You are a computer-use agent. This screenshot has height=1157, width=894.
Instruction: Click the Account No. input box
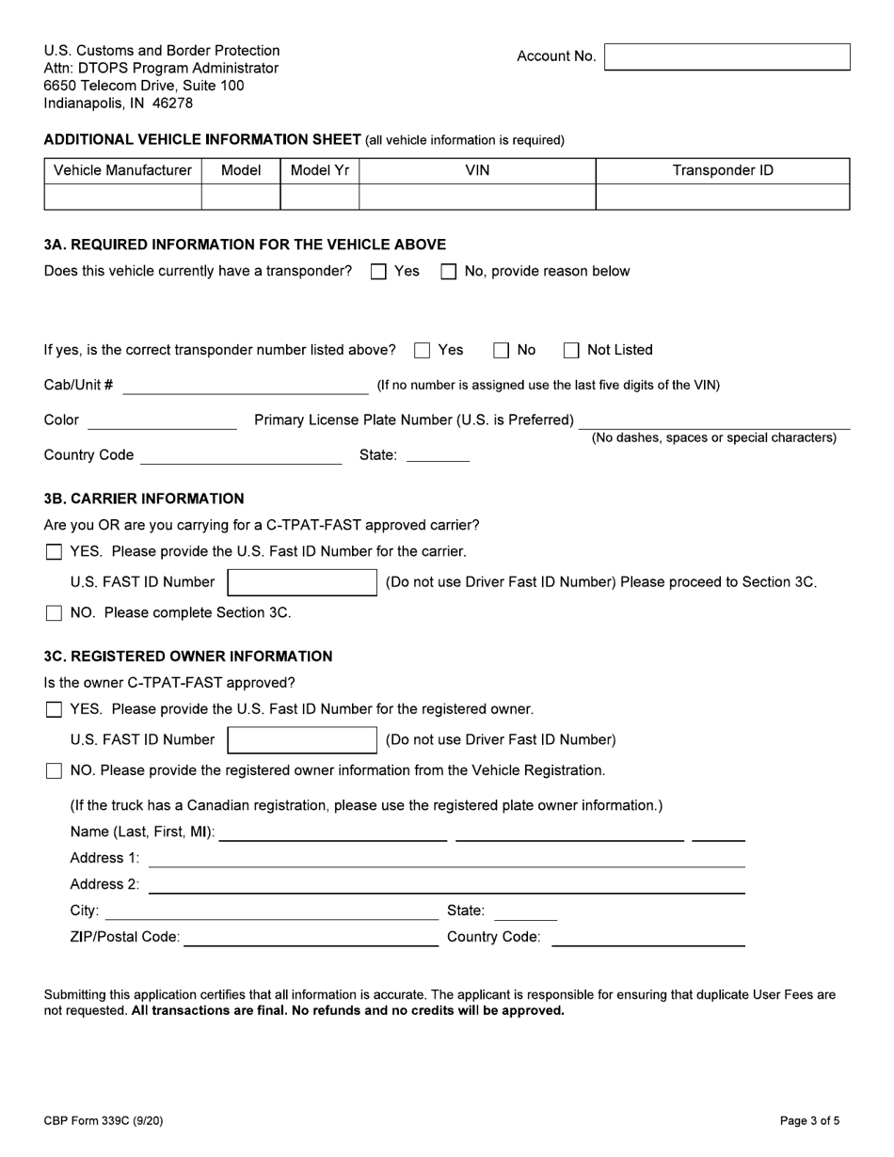(x=726, y=56)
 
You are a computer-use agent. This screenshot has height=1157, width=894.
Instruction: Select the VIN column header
(x=477, y=170)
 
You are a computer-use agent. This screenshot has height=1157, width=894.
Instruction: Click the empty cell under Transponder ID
(x=723, y=197)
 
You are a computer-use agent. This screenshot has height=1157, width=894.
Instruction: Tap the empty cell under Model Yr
(x=319, y=197)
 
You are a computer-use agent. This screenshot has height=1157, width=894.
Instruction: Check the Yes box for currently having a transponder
(x=378, y=272)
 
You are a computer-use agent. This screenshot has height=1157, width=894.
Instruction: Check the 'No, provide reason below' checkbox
(x=449, y=272)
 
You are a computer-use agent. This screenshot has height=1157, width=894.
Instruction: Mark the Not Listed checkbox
(x=571, y=351)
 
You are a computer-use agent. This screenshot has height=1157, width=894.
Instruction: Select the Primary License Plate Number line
(x=713, y=422)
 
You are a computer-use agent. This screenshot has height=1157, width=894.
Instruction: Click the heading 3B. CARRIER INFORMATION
(x=144, y=499)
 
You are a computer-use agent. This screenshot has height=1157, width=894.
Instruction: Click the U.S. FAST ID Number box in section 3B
(x=302, y=582)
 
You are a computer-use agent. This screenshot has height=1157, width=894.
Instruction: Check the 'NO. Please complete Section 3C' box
(x=55, y=613)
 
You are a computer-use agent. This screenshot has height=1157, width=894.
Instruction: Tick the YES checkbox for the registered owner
(x=55, y=709)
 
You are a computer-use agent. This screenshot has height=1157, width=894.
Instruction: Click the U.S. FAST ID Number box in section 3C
(x=302, y=740)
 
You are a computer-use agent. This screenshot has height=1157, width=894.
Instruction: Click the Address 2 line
(x=446, y=886)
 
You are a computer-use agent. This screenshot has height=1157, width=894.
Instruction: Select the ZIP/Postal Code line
(x=311, y=939)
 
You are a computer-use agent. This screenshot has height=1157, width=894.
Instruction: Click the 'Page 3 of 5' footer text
(x=809, y=1120)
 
